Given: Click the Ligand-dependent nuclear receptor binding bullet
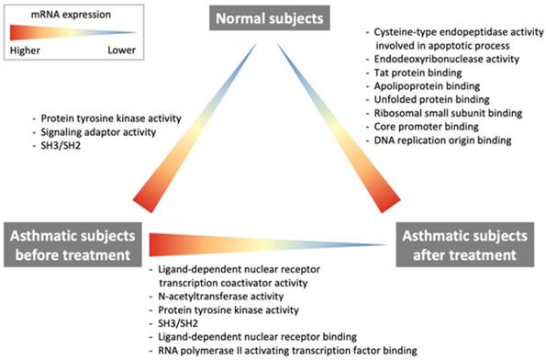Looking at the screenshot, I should pyautogui.click(x=248, y=336).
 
